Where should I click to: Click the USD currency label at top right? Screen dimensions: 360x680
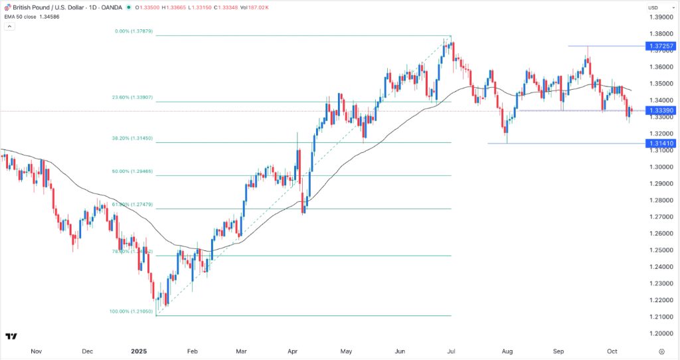653,7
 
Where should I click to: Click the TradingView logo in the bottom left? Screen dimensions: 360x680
11,337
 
